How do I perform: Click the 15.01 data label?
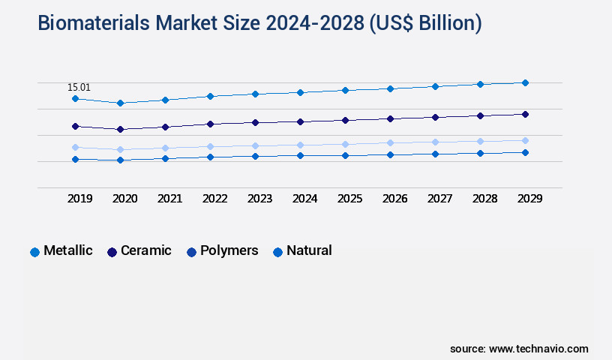79,87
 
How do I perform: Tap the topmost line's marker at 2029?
525,82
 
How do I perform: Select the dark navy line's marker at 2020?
120,129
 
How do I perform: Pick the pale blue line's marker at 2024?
300,145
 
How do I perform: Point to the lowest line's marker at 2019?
75,159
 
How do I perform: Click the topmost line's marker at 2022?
210,96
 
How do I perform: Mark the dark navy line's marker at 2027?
435,117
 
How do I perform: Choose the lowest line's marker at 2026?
390,154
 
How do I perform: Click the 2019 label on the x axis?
79,199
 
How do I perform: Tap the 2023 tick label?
259,199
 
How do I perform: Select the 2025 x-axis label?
349,199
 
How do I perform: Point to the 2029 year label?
529,199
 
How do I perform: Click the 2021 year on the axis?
169,199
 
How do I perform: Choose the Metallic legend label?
68,250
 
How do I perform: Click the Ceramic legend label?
146,250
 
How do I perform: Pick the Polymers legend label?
229,250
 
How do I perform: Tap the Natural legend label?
309,250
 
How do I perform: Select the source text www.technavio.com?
538,349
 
